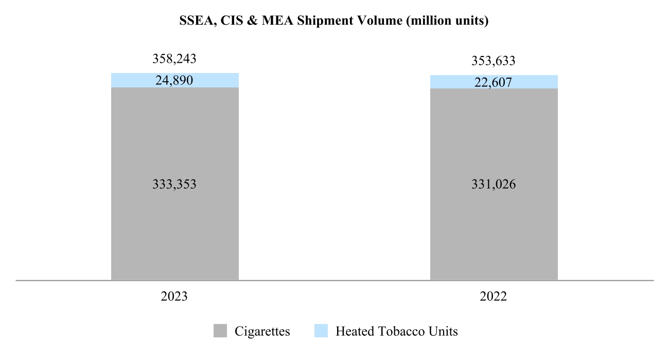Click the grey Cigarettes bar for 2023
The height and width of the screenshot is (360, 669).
(175, 231)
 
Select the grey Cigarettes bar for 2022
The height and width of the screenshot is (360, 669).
(494, 231)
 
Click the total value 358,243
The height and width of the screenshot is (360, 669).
(174, 59)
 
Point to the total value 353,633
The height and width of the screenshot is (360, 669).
(494, 61)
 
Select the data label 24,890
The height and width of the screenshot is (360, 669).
(174, 80)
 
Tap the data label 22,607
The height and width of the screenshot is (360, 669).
(494, 82)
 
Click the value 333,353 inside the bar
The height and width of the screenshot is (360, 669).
(174, 184)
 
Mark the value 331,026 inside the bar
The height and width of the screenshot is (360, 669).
(494, 184)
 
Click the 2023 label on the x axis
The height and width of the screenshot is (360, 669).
(174, 297)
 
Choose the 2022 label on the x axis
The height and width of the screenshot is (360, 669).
(494, 297)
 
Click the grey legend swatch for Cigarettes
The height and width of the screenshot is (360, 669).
(220, 331)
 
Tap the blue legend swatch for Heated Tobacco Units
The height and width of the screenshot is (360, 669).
(321, 331)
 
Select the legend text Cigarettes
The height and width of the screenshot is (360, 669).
(262, 332)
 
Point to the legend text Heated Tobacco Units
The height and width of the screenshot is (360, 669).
(396, 332)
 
